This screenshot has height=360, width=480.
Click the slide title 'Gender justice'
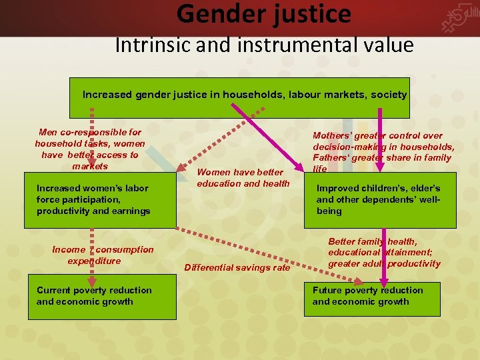point(264,13)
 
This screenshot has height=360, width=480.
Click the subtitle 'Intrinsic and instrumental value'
point(264,45)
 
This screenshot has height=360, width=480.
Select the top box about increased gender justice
point(244,95)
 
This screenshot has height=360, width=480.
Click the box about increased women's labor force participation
point(100,200)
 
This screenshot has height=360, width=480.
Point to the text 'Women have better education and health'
point(243,178)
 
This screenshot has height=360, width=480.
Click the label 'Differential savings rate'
point(237,267)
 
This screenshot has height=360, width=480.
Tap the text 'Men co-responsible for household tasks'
point(89,138)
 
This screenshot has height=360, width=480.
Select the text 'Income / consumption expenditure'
point(103,255)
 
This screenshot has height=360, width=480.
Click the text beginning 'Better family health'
point(383,253)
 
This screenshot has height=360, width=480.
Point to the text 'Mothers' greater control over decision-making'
point(383,141)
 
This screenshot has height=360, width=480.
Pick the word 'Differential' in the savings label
point(209,267)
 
